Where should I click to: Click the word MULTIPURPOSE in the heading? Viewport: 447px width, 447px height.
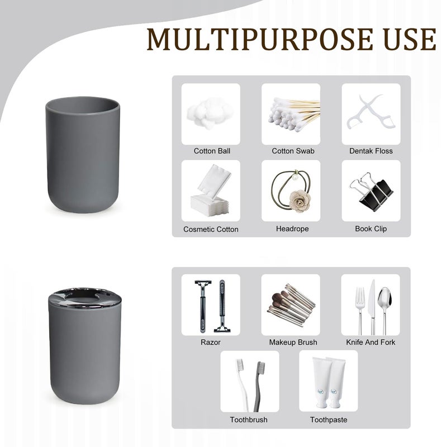pos(260,39)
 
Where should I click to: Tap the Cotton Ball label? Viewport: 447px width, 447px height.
pos(212,151)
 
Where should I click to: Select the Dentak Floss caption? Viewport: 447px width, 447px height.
pos(371,151)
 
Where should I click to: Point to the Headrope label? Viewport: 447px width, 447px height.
pos(292,229)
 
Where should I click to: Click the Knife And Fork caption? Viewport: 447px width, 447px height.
pos(370,342)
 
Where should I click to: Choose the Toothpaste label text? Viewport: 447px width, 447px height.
pos(329,420)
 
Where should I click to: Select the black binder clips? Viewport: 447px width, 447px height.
pos(371,192)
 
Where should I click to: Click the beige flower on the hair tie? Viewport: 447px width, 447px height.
pos(299,201)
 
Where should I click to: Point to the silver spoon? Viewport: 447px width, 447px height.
pos(385,310)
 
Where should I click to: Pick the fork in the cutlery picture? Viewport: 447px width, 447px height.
pos(360,311)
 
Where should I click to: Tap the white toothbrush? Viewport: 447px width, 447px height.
pos(242,385)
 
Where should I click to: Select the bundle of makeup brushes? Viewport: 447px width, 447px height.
pos(291,305)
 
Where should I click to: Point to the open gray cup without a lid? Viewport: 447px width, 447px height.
pos(83,155)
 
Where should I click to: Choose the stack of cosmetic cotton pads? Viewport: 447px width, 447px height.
pos(211,191)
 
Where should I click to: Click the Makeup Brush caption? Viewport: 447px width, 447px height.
pos(293,342)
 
